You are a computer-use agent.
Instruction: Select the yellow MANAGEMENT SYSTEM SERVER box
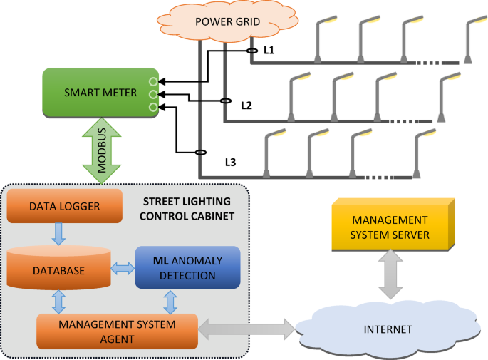(391, 227)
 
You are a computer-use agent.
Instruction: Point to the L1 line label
(269, 51)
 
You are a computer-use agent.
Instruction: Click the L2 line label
(246, 106)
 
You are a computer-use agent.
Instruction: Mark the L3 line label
(230, 162)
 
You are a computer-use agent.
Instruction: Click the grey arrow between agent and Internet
(246, 329)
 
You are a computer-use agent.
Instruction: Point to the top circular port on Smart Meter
(152, 80)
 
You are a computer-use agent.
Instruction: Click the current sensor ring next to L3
(201, 152)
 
